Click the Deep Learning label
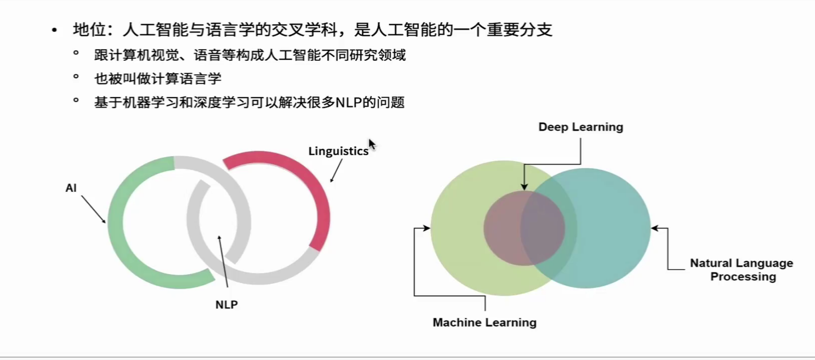pos(581,127)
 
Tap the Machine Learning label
pos(485,322)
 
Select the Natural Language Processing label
pos(742,270)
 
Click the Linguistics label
pos(338,151)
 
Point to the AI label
pos(71,188)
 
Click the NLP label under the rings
pos(226,305)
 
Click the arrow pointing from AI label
pos(93,209)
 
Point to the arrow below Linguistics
pos(336,171)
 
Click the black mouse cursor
pos(372,145)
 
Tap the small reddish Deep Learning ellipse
pos(524,228)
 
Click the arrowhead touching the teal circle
pos(654,228)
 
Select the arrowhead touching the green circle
pos(427,228)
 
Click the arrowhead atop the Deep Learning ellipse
pos(524,187)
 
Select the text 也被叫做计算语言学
pos(158,79)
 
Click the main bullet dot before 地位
pos(54,30)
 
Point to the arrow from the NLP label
pos(223,262)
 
